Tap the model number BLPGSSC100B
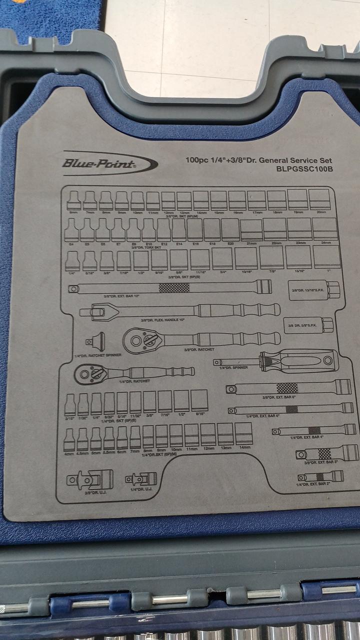tap(304, 169)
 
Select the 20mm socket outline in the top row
tap(319, 199)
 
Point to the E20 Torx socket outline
tap(230, 229)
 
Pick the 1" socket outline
tap(326, 257)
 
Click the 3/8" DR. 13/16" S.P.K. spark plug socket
tap(315, 290)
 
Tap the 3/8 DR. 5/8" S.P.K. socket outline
tap(308, 325)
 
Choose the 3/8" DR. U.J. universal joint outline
tap(90, 480)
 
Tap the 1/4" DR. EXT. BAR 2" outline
tap(327, 477)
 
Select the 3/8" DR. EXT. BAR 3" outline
tap(327, 453)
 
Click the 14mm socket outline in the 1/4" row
tap(243, 433)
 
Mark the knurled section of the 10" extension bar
tap(174, 287)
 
